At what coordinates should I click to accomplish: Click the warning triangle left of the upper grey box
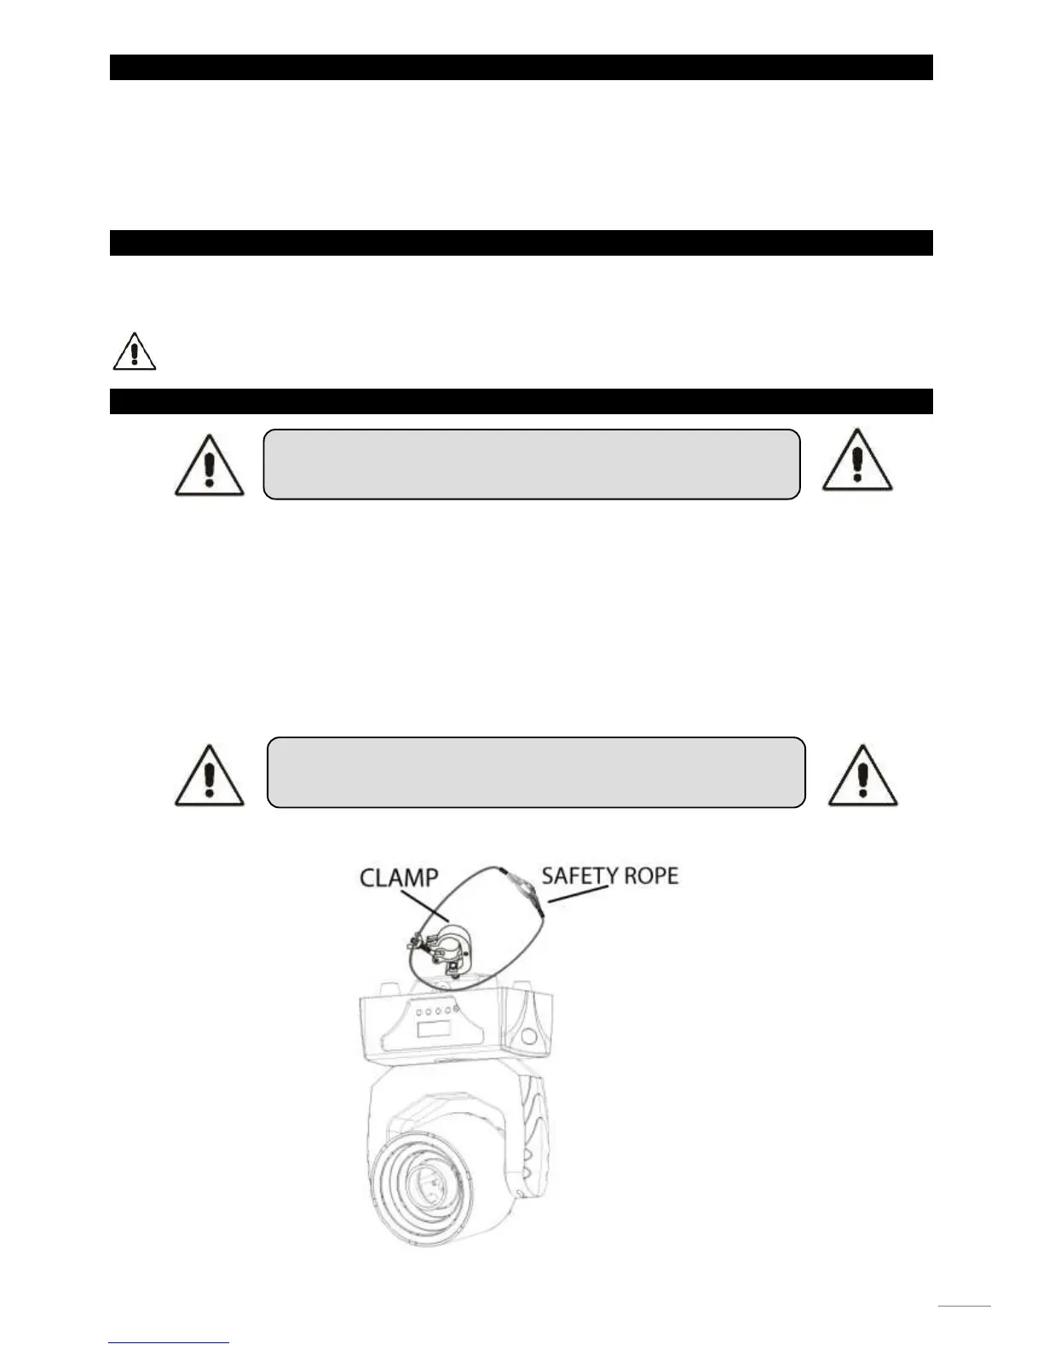pyautogui.click(x=210, y=465)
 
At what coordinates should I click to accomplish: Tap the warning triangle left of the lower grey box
pyautogui.click(x=210, y=775)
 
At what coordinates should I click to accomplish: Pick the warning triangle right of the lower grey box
pyautogui.click(x=863, y=775)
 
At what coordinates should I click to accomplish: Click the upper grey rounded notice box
pyautogui.click(x=532, y=464)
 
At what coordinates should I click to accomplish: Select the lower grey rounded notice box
pyautogui.click(x=536, y=772)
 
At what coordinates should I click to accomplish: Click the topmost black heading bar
pyautogui.click(x=521, y=67)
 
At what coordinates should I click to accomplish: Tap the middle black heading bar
pyautogui.click(x=521, y=243)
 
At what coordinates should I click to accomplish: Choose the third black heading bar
pyautogui.click(x=521, y=401)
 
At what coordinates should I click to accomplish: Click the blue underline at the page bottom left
pyautogui.click(x=170, y=1342)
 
